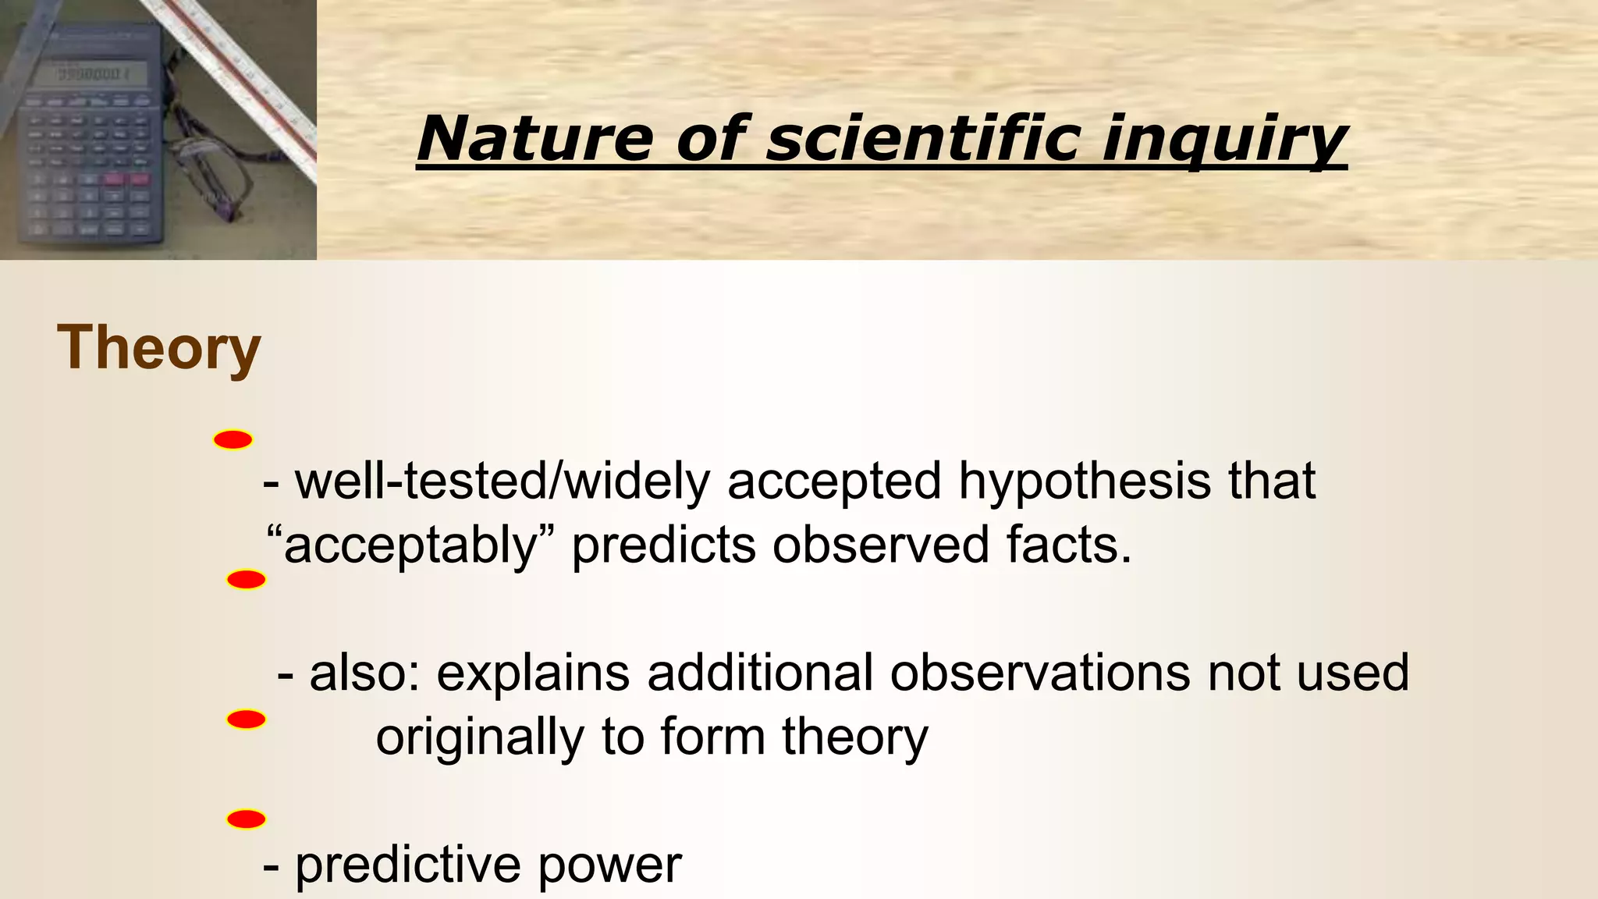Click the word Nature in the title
pos(534,139)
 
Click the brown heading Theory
pos(158,348)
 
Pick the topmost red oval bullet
pos(233,440)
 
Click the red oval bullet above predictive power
pos(246,819)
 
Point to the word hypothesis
pos(1085,481)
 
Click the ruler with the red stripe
pos(250,78)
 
